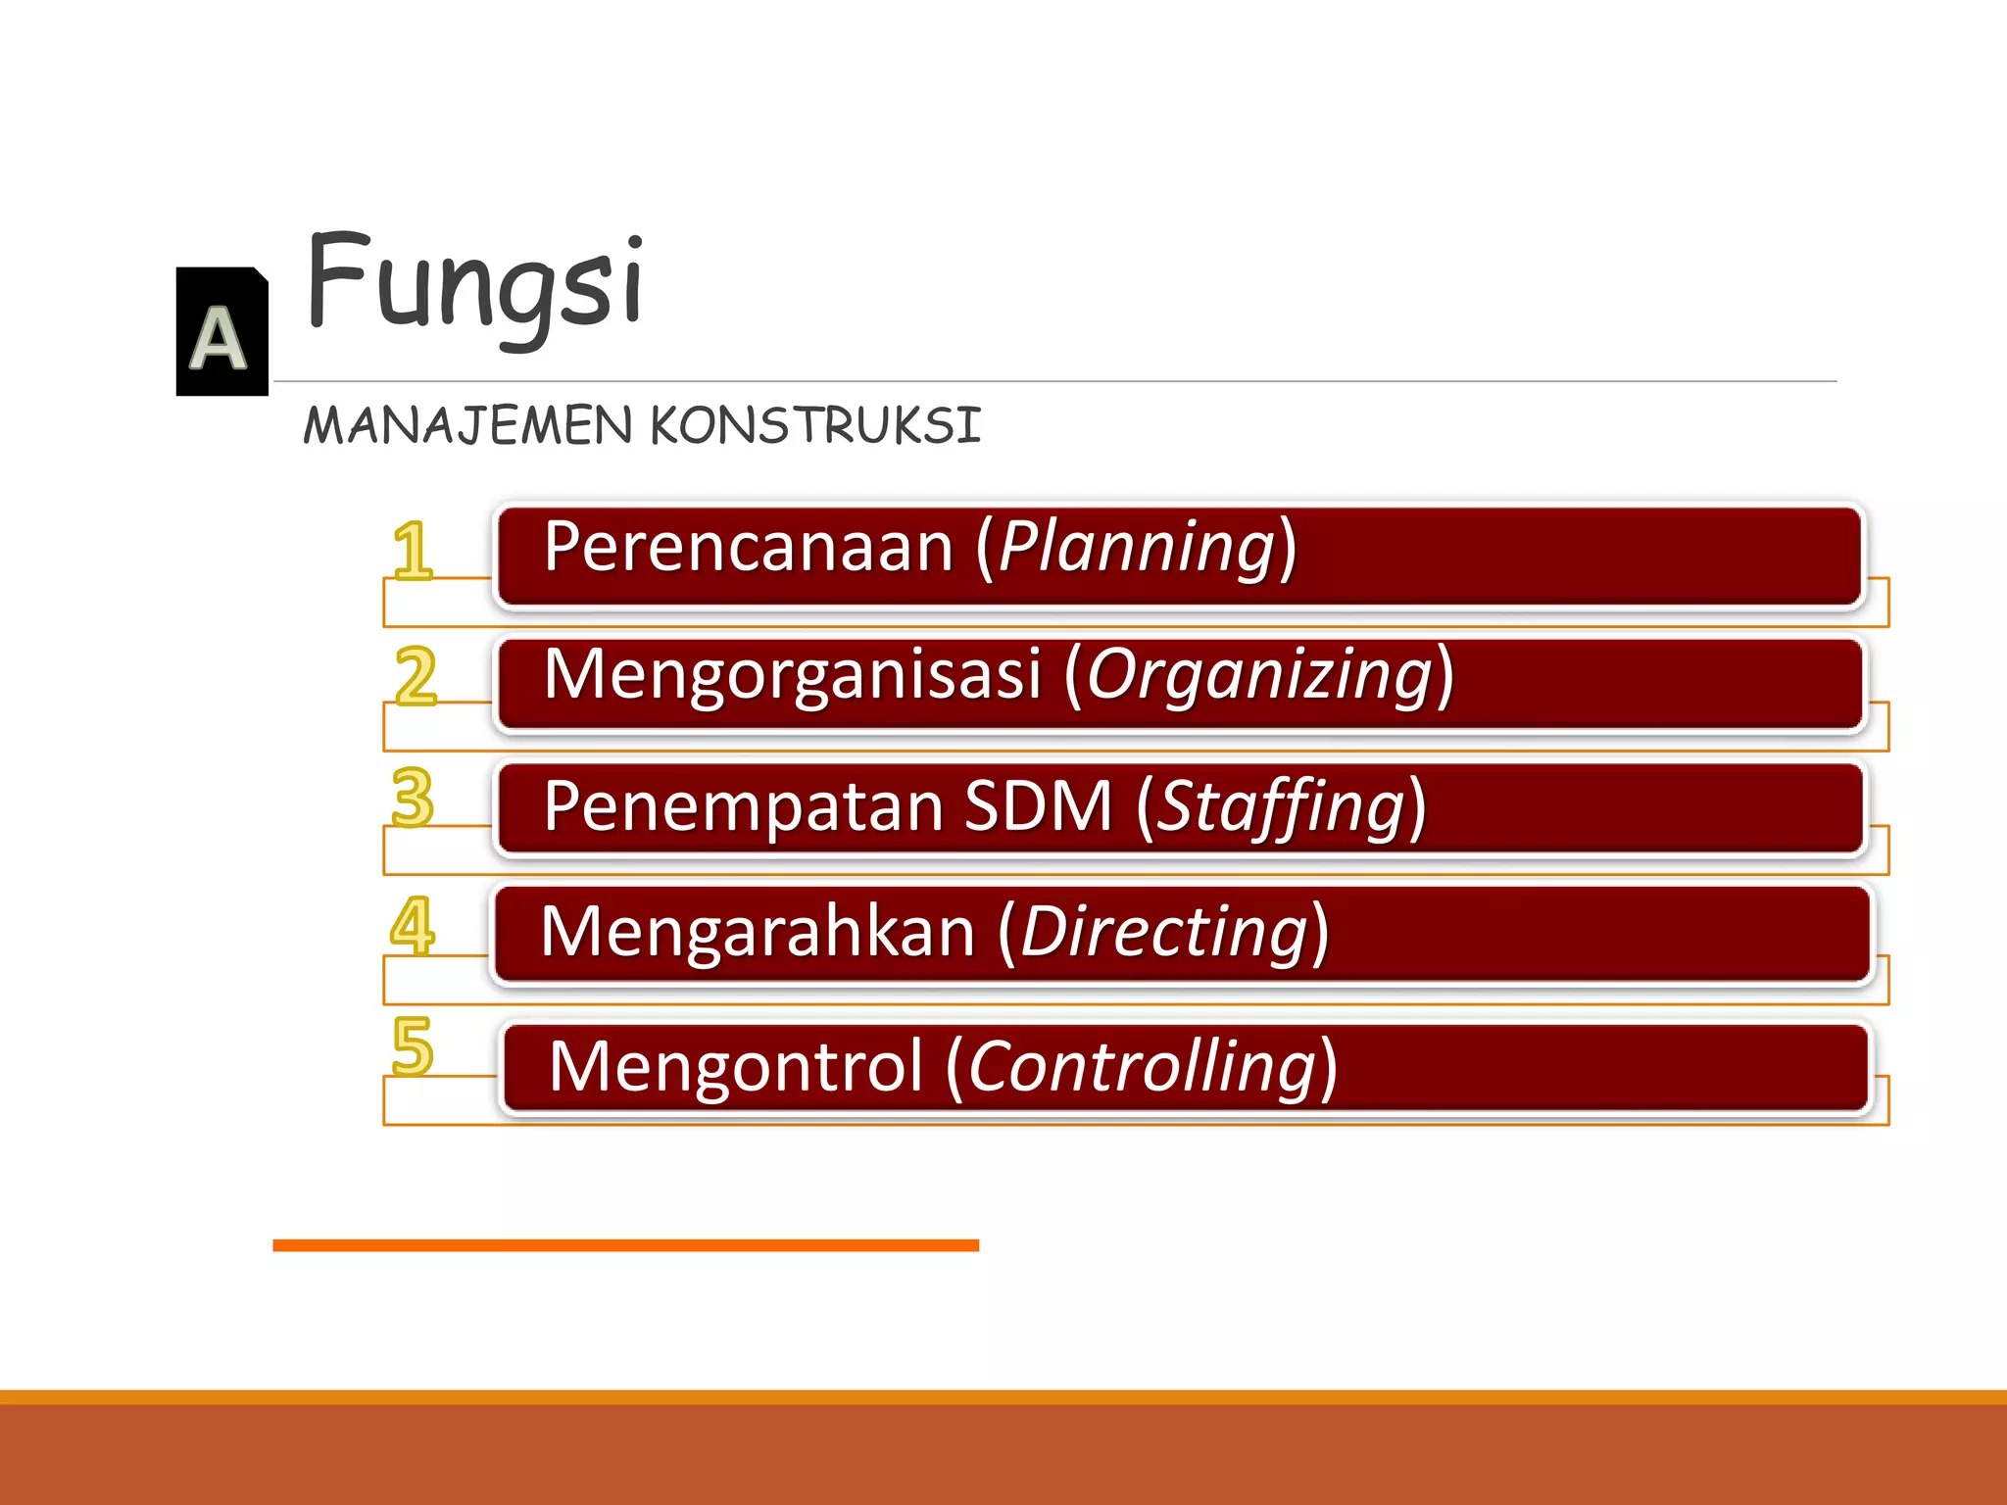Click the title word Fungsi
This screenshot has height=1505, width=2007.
coord(475,284)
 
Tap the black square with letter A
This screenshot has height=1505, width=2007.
coord(221,331)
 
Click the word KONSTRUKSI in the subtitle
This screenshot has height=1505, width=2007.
coord(815,425)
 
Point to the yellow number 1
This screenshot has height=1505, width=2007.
coord(413,551)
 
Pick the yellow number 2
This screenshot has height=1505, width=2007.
coord(416,676)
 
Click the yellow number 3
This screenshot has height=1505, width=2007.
coord(413,798)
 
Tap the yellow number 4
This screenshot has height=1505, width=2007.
coord(413,925)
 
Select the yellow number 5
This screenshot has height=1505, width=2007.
coord(413,1046)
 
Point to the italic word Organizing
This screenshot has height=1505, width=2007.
coord(1260,676)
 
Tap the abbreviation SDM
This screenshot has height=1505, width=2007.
coord(1039,805)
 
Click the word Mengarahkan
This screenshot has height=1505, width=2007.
coord(758,931)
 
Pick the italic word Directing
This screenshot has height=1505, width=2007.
coord(1164,931)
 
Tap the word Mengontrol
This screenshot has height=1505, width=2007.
coord(736,1066)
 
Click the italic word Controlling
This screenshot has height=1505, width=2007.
coord(1143,1068)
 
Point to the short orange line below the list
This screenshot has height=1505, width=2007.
coord(625,1245)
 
